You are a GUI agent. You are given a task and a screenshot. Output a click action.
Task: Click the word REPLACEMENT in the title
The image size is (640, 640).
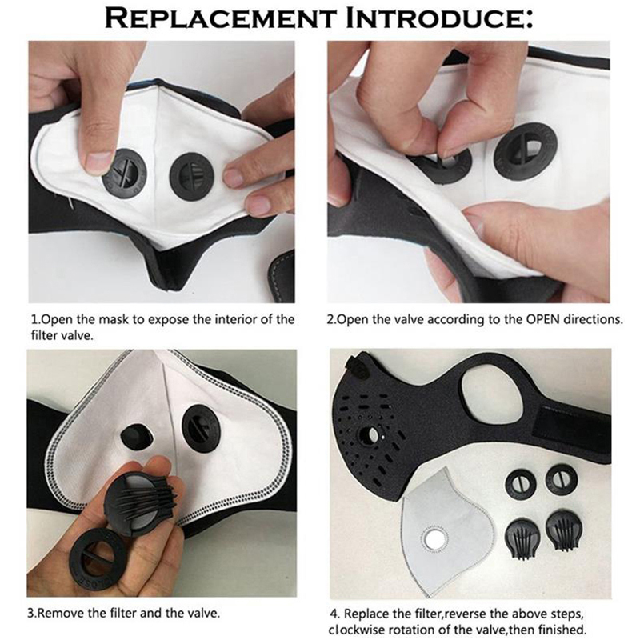pos(220,18)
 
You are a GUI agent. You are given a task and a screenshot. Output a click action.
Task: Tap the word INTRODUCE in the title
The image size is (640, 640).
pos(438,18)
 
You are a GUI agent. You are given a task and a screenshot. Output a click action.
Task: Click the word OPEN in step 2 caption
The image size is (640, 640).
pos(542,318)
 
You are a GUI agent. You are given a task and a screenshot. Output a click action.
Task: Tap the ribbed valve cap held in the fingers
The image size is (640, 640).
pos(141,498)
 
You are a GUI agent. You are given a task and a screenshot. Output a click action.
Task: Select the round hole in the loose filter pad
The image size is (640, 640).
pos(435,541)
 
